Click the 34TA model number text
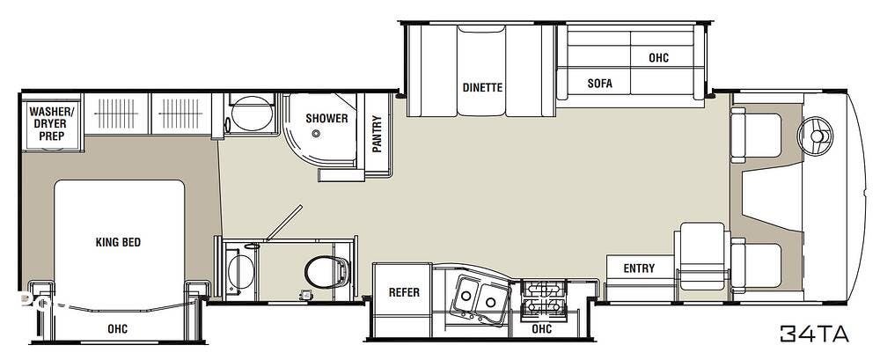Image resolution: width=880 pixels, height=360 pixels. (x=813, y=333)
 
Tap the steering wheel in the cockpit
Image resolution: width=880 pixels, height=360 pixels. (x=815, y=135)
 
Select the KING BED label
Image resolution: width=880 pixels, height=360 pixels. (x=118, y=242)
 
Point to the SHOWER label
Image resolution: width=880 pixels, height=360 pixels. (x=326, y=118)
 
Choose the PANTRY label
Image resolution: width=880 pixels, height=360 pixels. (x=378, y=136)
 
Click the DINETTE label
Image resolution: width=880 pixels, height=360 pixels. (x=482, y=87)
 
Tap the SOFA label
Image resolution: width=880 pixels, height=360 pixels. (x=599, y=84)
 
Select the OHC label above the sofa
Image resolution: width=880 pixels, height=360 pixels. (x=658, y=57)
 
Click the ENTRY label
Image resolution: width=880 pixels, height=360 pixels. (x=639, y=268)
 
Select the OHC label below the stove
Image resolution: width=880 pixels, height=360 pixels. (x=541, y=329)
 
